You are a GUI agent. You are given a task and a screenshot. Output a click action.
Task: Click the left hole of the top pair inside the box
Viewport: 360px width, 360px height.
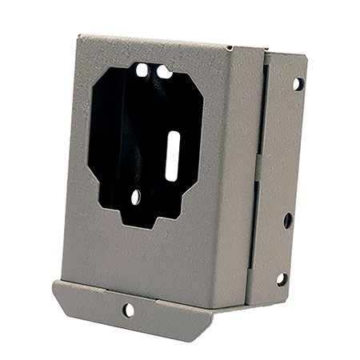click(142, 70)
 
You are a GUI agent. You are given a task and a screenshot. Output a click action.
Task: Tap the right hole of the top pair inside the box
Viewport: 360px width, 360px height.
click(163, 72)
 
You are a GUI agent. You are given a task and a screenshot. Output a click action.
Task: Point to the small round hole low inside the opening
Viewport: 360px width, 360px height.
click(136, 195)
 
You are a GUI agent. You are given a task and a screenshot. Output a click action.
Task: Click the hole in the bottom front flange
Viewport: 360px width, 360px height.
click(127, 308)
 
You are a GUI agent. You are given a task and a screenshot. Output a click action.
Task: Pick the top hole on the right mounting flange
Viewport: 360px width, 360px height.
click(296, 82)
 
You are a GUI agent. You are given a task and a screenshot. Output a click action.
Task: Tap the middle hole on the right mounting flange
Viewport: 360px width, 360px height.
click(287, 219)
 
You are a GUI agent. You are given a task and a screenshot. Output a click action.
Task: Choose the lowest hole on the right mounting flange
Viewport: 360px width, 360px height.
click(281, 278)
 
